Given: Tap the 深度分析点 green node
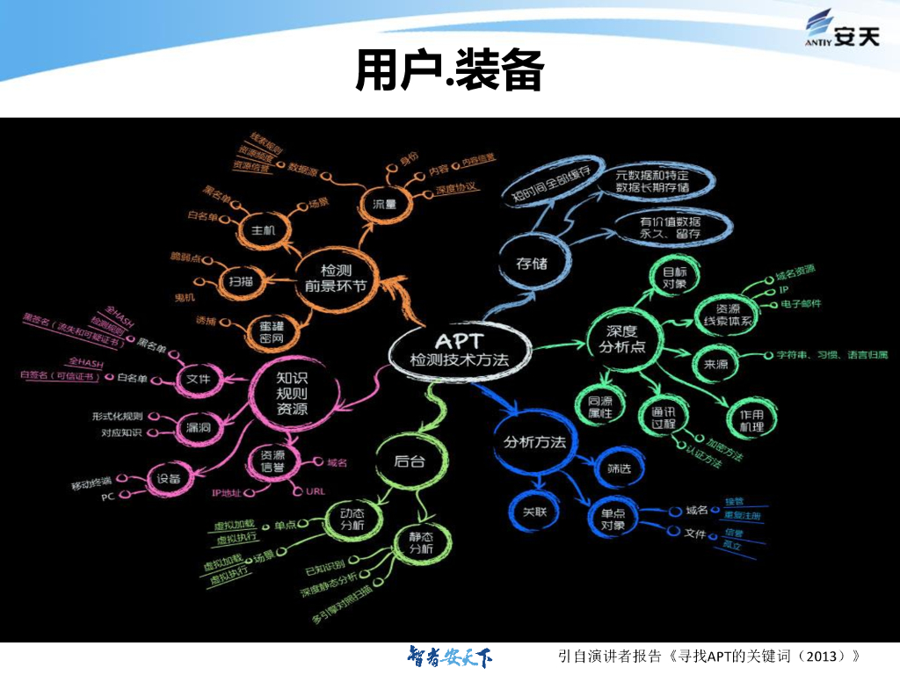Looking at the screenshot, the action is (621, 338).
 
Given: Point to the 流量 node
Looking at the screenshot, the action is (385, 204).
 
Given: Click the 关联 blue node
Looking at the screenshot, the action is (534, 511).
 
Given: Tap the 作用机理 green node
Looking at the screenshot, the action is (751, 420).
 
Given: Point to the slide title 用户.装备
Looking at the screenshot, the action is (449, 69).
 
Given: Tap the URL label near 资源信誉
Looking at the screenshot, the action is (316, 490).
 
